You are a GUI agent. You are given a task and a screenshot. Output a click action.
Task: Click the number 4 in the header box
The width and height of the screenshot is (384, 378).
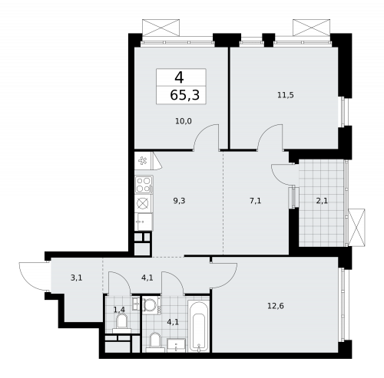click(179, 77)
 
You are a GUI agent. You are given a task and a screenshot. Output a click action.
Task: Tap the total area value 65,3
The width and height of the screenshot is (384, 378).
click(180, 95)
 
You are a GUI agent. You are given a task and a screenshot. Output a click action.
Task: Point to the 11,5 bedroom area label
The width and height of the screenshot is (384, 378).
click(285, 94)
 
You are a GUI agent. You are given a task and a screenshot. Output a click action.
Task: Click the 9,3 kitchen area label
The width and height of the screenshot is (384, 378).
click(179, 200)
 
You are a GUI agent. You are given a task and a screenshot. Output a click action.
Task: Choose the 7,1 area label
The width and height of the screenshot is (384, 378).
click(256, 200)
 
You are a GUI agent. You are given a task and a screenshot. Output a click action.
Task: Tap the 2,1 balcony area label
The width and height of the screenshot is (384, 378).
click(322, 200)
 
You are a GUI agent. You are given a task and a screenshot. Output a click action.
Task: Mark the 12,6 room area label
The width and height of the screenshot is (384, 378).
click(275, 306)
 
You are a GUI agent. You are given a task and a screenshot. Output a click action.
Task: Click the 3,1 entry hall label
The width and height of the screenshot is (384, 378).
click(77, 278)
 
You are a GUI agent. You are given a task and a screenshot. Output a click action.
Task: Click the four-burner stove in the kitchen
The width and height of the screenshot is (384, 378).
click(144, 184)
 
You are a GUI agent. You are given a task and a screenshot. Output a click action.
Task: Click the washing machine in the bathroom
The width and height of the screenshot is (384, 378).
click(151, 305)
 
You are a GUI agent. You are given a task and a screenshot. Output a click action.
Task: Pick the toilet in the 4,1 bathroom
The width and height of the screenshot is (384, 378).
click(155, 340)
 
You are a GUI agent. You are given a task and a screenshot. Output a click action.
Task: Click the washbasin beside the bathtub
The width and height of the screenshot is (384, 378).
click(177, 346)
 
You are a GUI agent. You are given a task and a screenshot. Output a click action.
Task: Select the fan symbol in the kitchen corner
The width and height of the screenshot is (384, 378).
click(143, 160)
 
